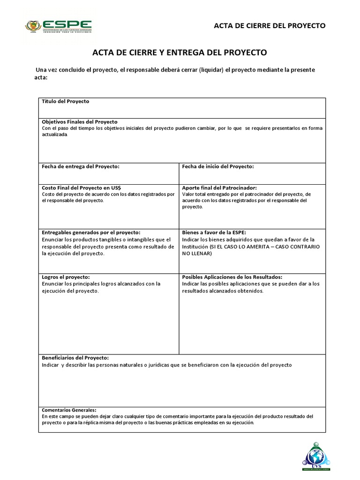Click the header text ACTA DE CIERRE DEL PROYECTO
point(270,26)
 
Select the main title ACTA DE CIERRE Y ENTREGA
point(180,52)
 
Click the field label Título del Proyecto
point(65,101)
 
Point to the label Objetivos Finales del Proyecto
point(80,121)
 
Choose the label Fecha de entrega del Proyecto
point(81,166)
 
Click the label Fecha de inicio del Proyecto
point(218,166)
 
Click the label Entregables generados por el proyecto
point(91,232)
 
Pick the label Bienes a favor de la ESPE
point(214,232)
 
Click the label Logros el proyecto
point(66,277)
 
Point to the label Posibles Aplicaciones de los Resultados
point(232,277)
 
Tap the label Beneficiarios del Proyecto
point(75,358)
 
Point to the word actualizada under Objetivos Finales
point(55,135)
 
